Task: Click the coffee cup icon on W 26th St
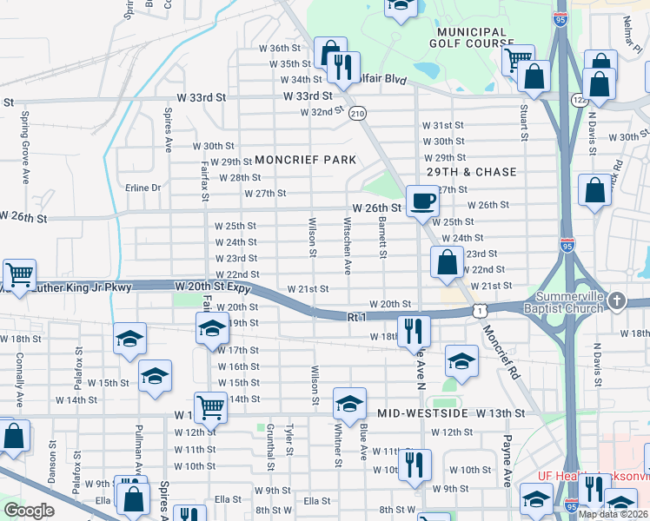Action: [422, 201]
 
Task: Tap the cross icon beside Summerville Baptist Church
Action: [616, 301]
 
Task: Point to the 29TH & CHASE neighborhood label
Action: [471, 172]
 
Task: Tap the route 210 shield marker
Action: [357, 114]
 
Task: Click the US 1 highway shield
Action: [480, 310]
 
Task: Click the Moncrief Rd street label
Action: [501, 349]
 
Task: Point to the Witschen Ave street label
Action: [348, 245]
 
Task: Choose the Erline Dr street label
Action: [143, 188]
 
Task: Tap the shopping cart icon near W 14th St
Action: [210, 406]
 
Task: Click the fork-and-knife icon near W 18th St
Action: [413, 330]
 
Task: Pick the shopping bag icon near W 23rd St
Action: [447, 261]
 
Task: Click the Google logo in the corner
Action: [29, 511]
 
